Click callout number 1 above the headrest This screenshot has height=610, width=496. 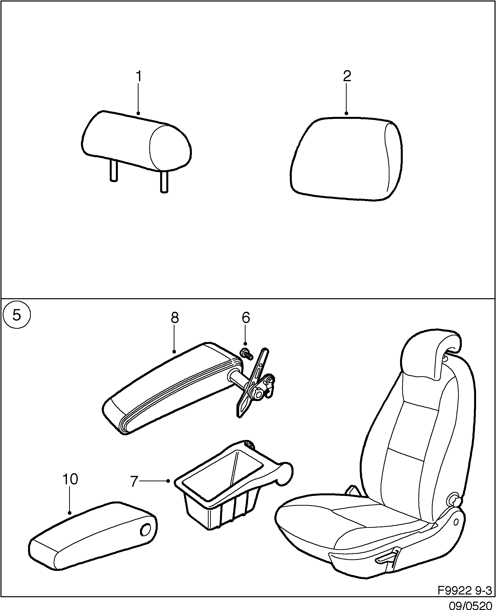139,76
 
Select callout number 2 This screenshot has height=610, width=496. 347,76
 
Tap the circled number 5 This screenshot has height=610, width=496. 16,315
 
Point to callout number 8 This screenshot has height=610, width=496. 175,317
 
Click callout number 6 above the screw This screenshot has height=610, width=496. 246,317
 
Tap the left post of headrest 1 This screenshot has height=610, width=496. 113,170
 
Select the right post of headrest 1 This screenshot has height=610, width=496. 164,182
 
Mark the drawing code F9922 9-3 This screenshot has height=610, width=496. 465,590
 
